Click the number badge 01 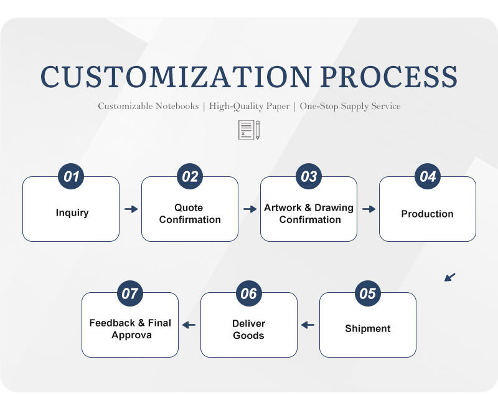pos(72,177)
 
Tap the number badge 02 pos(190,177)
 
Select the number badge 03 pos(309,177)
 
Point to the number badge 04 pos(428,177)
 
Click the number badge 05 pos(368,293)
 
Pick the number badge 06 pos(249,293)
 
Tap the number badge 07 pos(130,293)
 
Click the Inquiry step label pos(72,213)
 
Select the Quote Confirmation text pos(189,214)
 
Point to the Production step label pos(427,214)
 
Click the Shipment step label pos(368,328)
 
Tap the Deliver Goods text pos(248,330)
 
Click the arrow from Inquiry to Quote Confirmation pos(131,209)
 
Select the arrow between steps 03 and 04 pos(369,209)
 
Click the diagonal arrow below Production pos(450,277)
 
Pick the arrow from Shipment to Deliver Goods pos(308,325)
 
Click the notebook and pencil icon pos(249,130)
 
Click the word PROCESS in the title pos(388,77)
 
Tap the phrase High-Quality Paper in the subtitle pos(249,106)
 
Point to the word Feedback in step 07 pos(112,323)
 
